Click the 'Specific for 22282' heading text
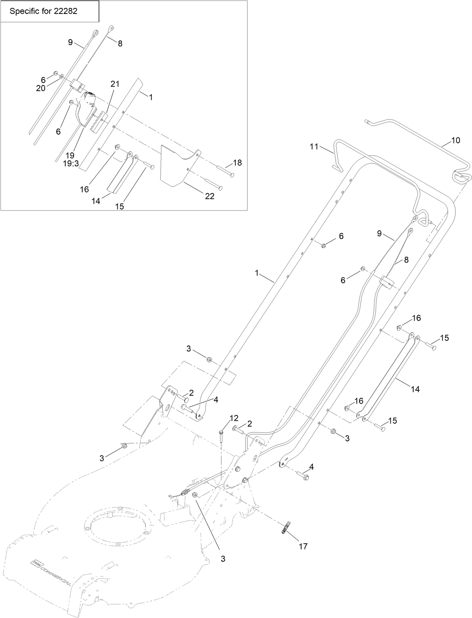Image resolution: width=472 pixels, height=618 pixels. tap(43, 11)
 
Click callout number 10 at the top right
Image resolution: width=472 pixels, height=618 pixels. tap(455, 140)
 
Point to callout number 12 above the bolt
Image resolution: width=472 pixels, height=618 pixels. tap(234, 418)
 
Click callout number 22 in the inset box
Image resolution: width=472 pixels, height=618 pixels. tap(209, 196)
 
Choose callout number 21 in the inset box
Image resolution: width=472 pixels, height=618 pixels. tap(115, 84)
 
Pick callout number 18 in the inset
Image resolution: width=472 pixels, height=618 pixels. tap(237, 163)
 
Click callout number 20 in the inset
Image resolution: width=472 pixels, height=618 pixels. tap(41, 88)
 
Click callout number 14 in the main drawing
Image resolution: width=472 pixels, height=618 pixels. tap(415, 390)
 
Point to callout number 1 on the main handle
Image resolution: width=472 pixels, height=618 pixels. tap(257, 273)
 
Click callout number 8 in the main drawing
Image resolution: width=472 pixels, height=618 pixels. tap(406, 259)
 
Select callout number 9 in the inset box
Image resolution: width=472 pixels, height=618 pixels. tap(70, 42)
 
